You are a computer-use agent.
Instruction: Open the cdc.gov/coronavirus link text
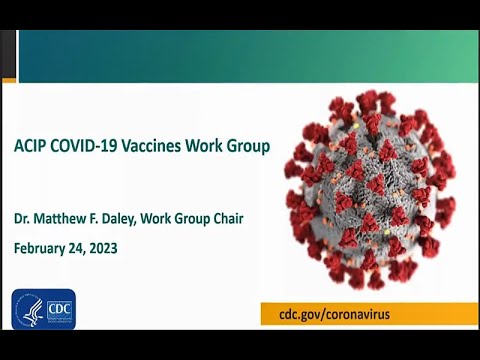coord(333,314)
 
